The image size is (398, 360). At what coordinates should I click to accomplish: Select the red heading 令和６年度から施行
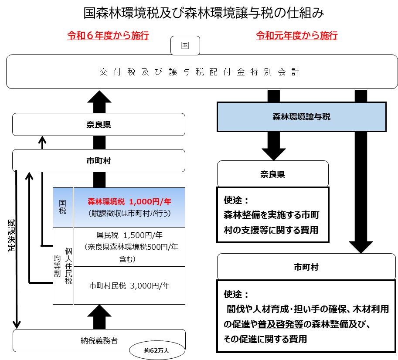click(108, 36)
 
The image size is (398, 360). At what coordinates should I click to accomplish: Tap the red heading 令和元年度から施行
click(297, 36)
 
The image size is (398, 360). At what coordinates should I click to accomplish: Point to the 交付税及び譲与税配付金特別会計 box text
click(199, 72)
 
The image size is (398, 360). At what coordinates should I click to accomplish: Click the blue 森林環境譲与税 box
click(302, 117)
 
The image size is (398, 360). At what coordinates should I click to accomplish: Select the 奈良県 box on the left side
click(99, 125)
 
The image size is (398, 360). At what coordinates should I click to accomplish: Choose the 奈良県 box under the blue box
click(273, 174)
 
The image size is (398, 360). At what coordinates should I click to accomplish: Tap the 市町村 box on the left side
click(99, 160)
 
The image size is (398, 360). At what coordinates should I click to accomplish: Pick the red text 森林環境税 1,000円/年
click(129, 202)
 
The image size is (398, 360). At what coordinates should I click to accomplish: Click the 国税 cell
click(63, 207)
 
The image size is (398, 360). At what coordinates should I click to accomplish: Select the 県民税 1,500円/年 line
click(129, 235)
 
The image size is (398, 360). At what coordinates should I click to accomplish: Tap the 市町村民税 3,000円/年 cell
click(129, 286)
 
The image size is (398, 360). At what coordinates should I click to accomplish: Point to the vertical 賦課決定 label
click(11, 236)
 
